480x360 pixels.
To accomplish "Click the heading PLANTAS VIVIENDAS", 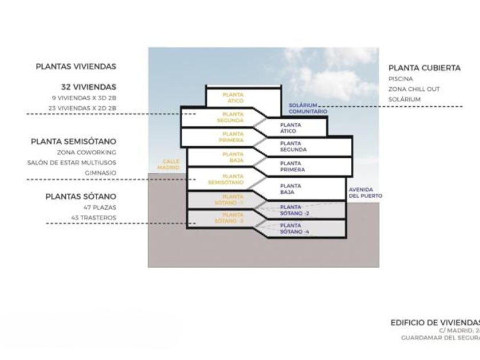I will pyautogui.click(x=76, y=66).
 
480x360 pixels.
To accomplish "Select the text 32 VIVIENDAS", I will pyautogui.click(x=89, y=87).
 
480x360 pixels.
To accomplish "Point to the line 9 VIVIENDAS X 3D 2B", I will pyautogui.click(x=83, y=98).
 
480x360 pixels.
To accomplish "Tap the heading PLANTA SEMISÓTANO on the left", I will pyautogui.click(x=74, y=141).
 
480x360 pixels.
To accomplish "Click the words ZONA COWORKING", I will pyautogui.click(x=87, y=153).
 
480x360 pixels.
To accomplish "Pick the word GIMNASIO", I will pyautogui.click(x=101, y=173).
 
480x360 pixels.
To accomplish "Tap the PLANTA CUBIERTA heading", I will pyautogui.click(x=425, y=68).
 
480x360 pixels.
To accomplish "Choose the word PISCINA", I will pyautogui.click(x=401, y=79).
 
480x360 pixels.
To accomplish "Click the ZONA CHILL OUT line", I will pyautogui.click(x=414, y=89).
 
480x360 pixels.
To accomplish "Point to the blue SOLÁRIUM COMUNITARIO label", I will pyautogui.click(x=308, y=109).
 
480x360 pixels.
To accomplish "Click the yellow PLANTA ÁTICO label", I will pyautogui.click(x=233, y=98).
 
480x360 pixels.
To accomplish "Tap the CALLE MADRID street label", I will pyautogui.click(x=171, y=165).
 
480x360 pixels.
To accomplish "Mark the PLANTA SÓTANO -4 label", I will pyautogui.click(x=294, y=229).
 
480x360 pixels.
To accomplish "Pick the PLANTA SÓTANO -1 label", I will pyautogui.click(x=233, y=199).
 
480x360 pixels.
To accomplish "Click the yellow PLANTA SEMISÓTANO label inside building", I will pyautogui.click(x=233, y=179).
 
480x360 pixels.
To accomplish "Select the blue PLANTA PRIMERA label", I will pyautogui.click(x=293, y=166).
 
